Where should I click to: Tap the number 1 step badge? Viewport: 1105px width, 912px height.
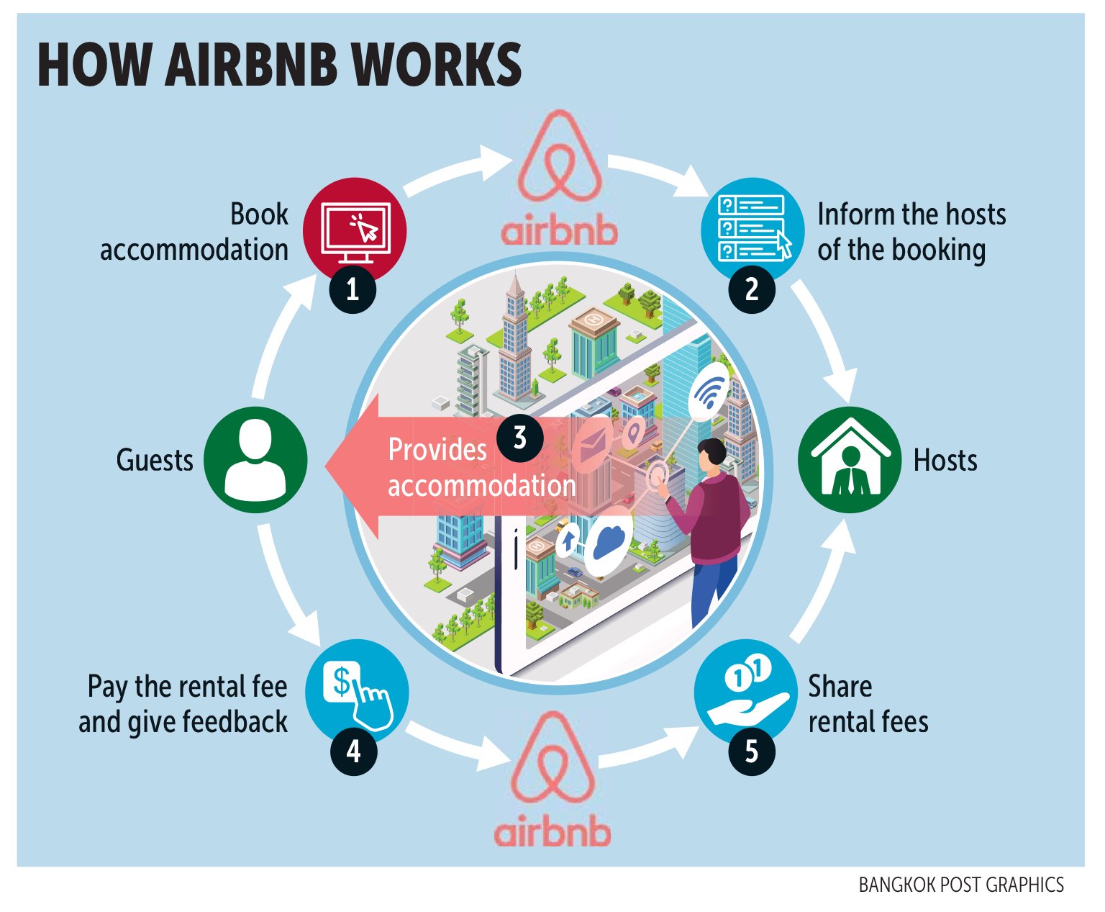[353, 289]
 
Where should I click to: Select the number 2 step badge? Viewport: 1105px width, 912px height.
[752, 289]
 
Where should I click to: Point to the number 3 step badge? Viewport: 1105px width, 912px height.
[519, 437]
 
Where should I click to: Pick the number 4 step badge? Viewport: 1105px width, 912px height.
[353, 751]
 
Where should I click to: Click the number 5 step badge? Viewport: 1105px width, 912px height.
[752, 751]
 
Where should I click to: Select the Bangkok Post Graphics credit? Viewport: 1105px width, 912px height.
[961, 885]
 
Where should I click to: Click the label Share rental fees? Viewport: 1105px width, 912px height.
[868, 704]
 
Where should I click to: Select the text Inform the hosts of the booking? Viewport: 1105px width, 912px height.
[911, 232]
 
